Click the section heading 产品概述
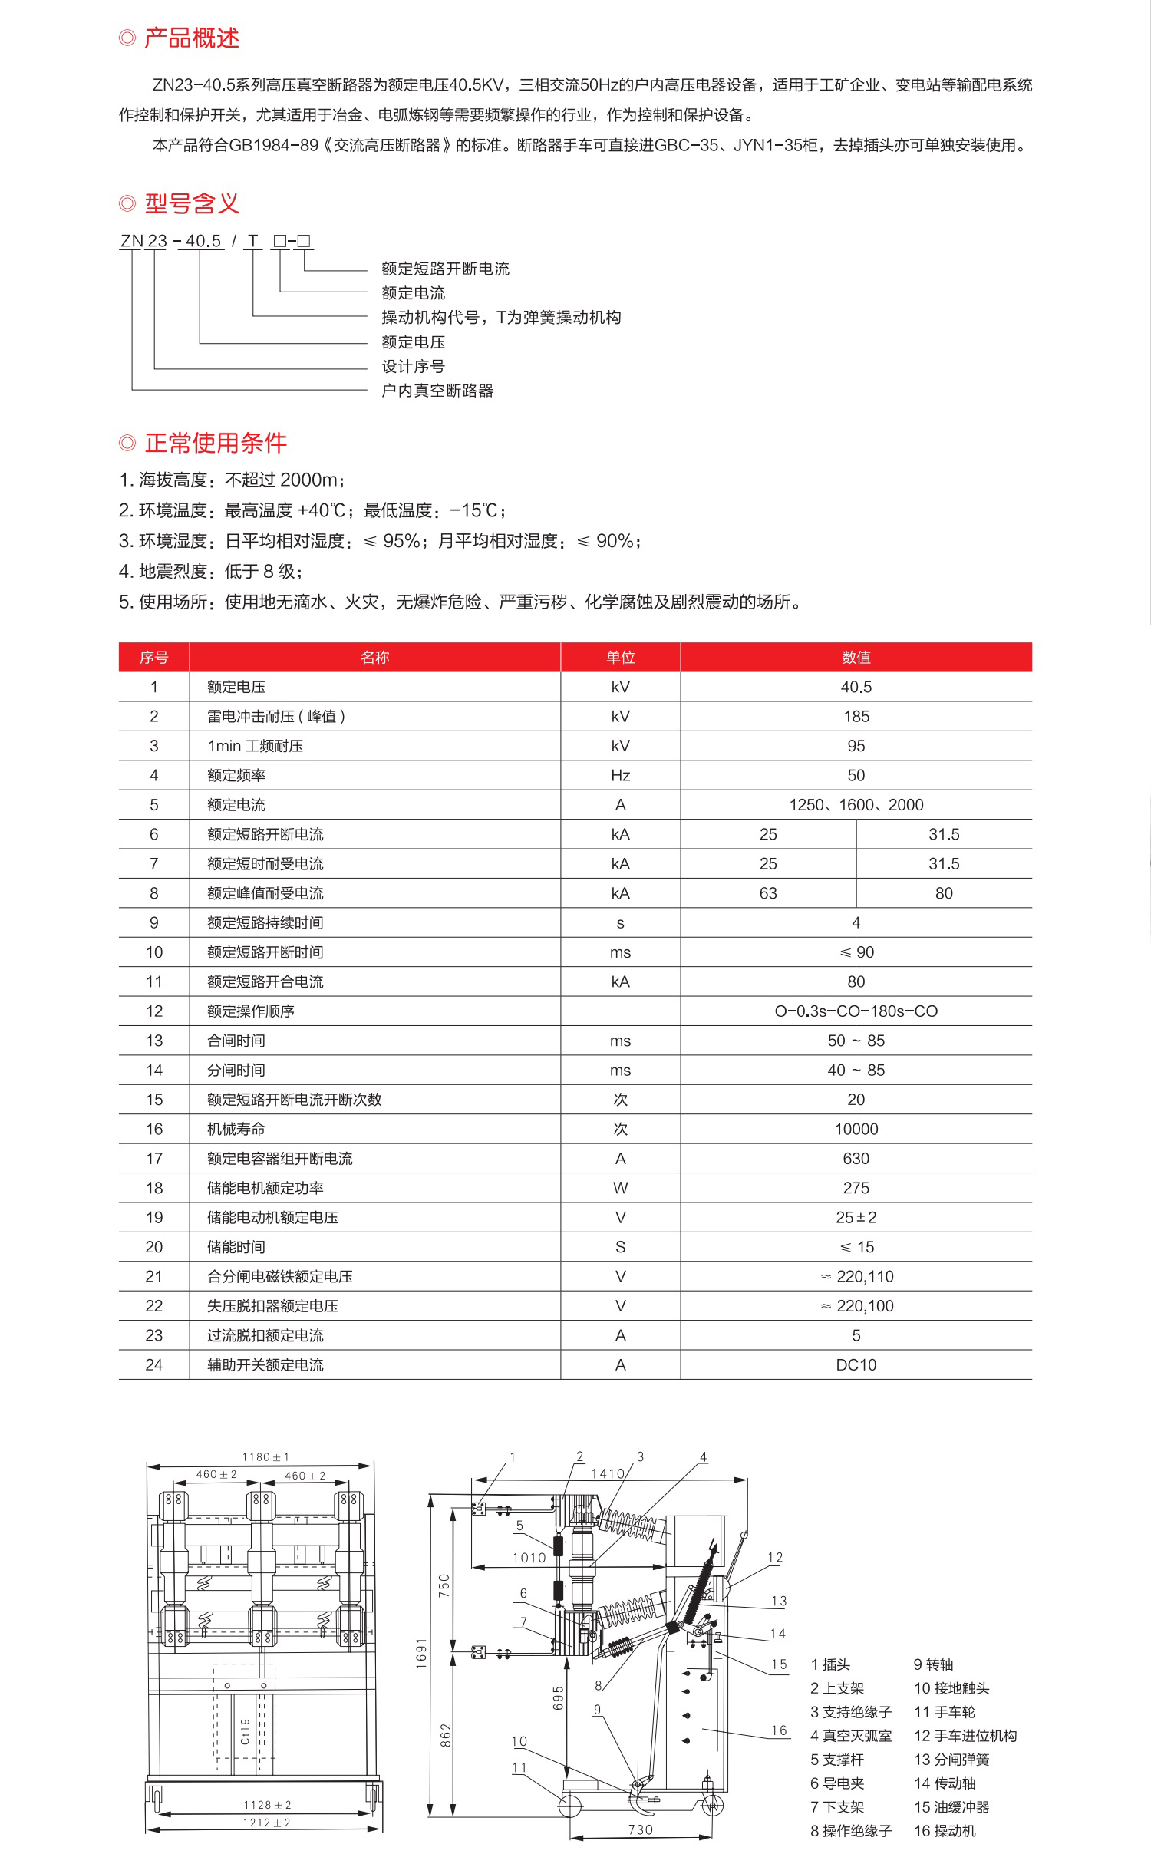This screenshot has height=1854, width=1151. pos(191,38)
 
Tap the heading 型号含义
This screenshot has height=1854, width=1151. pos(191,203)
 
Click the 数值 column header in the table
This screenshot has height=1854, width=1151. pos(856,657)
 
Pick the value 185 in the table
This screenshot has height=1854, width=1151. pos(856,716)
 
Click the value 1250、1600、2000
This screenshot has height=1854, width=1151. pos(856,804)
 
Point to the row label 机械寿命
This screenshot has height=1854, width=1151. pos(236,1129)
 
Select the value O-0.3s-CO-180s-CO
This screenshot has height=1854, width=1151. pos(856,1011)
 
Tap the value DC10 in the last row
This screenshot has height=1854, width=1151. pos(856,1364)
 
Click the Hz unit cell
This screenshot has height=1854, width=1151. pos(620,775)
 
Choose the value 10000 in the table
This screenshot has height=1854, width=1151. pos(856,1129)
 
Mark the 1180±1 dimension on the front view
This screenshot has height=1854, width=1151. pos(265,1457)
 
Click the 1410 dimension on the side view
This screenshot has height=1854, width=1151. pos(608,1473)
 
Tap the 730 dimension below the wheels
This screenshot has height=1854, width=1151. pos(640,1829)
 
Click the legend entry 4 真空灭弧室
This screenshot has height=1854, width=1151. pos(850,1736)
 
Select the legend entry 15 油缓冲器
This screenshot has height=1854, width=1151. pos(951,1807)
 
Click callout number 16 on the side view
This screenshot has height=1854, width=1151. pos(779,1730)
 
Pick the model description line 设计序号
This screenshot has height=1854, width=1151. pos(413,366)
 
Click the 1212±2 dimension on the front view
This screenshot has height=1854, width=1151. pos(266,1823)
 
